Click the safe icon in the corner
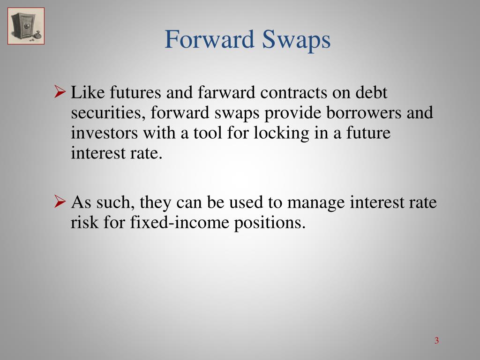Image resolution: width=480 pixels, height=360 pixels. pyautogui.click(x=26, y=26)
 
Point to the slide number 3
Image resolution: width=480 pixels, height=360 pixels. pyautogui.click(x=436, y=340)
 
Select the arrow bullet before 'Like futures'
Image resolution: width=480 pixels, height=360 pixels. pyautogui.click(x=60, y=92)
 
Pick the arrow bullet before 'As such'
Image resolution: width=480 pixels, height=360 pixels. pyautogui.click(x=60, y=202)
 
